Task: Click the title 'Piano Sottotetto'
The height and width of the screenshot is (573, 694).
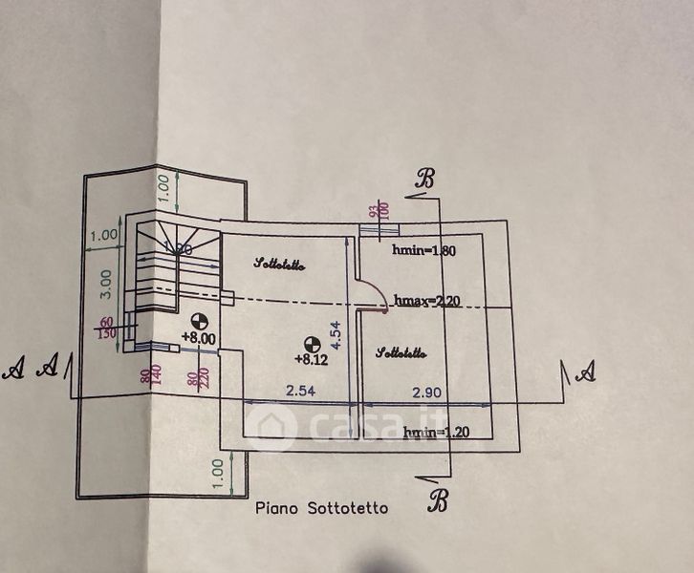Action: [x=321, y=508]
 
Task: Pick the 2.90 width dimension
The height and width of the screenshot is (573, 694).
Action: [x=427, y=393]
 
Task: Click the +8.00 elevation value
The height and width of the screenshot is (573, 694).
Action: [x=199, y=337]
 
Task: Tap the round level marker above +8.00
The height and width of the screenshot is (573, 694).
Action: [x=199, y=320]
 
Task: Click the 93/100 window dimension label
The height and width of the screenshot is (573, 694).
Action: [x=379, y=210]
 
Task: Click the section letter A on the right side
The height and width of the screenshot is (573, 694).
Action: [x=587, y=370]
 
